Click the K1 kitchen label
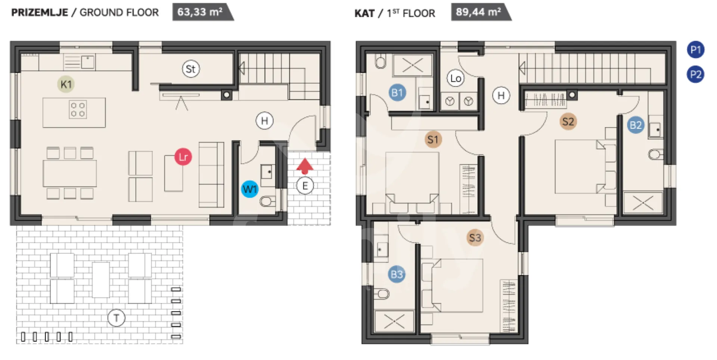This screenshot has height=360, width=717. [66, 84]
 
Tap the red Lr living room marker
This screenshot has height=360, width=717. [183, 157]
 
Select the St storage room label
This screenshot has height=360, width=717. [190, 69]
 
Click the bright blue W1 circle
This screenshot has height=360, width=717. [249, 189]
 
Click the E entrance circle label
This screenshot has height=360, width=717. [305, 186]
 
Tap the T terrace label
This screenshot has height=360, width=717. [116, 318]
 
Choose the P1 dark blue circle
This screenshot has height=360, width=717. [696, 50]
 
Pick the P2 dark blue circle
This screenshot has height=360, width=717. [696, 74]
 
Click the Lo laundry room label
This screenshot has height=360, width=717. [456, 78]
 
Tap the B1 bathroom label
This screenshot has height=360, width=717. [397, 93]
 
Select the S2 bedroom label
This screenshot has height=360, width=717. [568, 121]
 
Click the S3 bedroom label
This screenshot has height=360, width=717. [475, 238]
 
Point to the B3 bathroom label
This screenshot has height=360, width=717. [397, 274]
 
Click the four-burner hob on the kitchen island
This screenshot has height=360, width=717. [78, 109]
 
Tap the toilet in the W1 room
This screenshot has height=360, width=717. [268, 202]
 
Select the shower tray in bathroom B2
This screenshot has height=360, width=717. [643, 203]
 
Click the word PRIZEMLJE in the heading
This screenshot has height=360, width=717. [40, 12]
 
